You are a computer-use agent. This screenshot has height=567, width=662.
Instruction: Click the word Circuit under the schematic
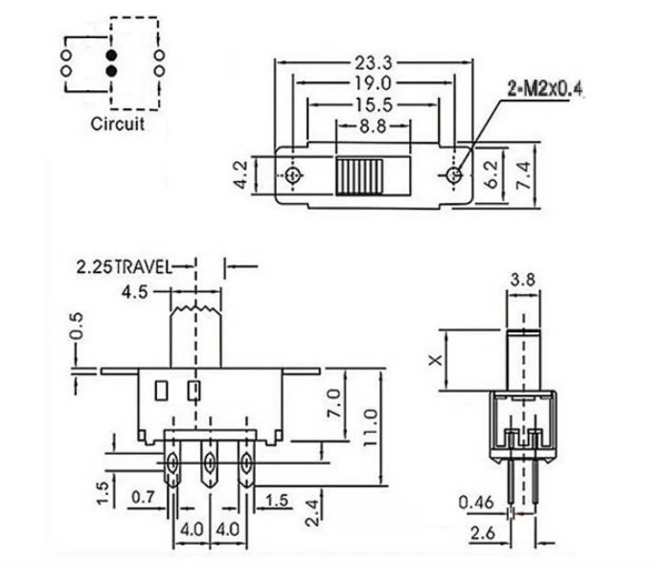118,124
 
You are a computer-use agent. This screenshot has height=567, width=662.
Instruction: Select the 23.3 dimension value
374,63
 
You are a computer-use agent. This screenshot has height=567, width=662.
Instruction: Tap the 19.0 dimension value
374,83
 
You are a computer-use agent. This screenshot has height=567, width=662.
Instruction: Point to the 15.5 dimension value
374,104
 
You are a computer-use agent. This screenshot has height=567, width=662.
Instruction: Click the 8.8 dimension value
374,125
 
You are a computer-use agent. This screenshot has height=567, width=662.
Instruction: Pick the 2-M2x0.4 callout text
545,89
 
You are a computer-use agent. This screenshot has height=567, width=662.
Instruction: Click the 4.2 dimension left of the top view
241,175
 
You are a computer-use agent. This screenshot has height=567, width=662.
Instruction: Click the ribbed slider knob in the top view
359,177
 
